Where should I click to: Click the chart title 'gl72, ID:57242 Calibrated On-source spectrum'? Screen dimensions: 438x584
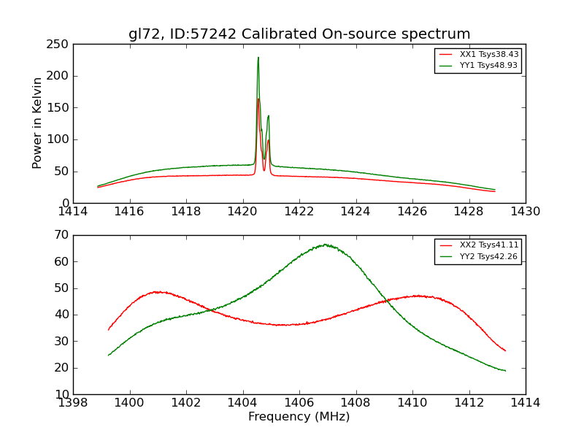tap(299, 34)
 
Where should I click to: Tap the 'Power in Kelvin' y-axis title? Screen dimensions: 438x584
tap(37, 123)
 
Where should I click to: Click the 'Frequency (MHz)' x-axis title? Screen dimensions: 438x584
tap(299, 417)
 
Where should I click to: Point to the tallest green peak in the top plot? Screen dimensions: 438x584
tap(258, 58)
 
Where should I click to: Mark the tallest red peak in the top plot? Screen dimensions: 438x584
tap(258, 99)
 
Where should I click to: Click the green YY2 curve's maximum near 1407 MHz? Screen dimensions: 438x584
tap(326, 245)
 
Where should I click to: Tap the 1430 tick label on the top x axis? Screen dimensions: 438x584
tap(525, 211)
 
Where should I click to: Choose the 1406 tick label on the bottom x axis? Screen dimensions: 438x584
tap(299, 402)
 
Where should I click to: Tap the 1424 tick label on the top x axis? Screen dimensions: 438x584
tap(356, 211)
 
